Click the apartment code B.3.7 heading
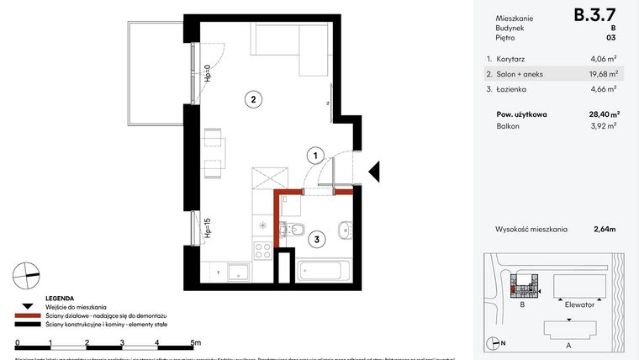coord(594,14)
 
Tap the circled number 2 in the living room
coord(251,99)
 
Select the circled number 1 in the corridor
coord(313,155)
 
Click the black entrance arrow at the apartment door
coord(375,172)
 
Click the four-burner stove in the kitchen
coord(262,249)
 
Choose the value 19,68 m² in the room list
coord(604,74)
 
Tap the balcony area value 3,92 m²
coord(605,126)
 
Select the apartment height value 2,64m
coord(605,228)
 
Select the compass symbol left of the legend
coord(26,273)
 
